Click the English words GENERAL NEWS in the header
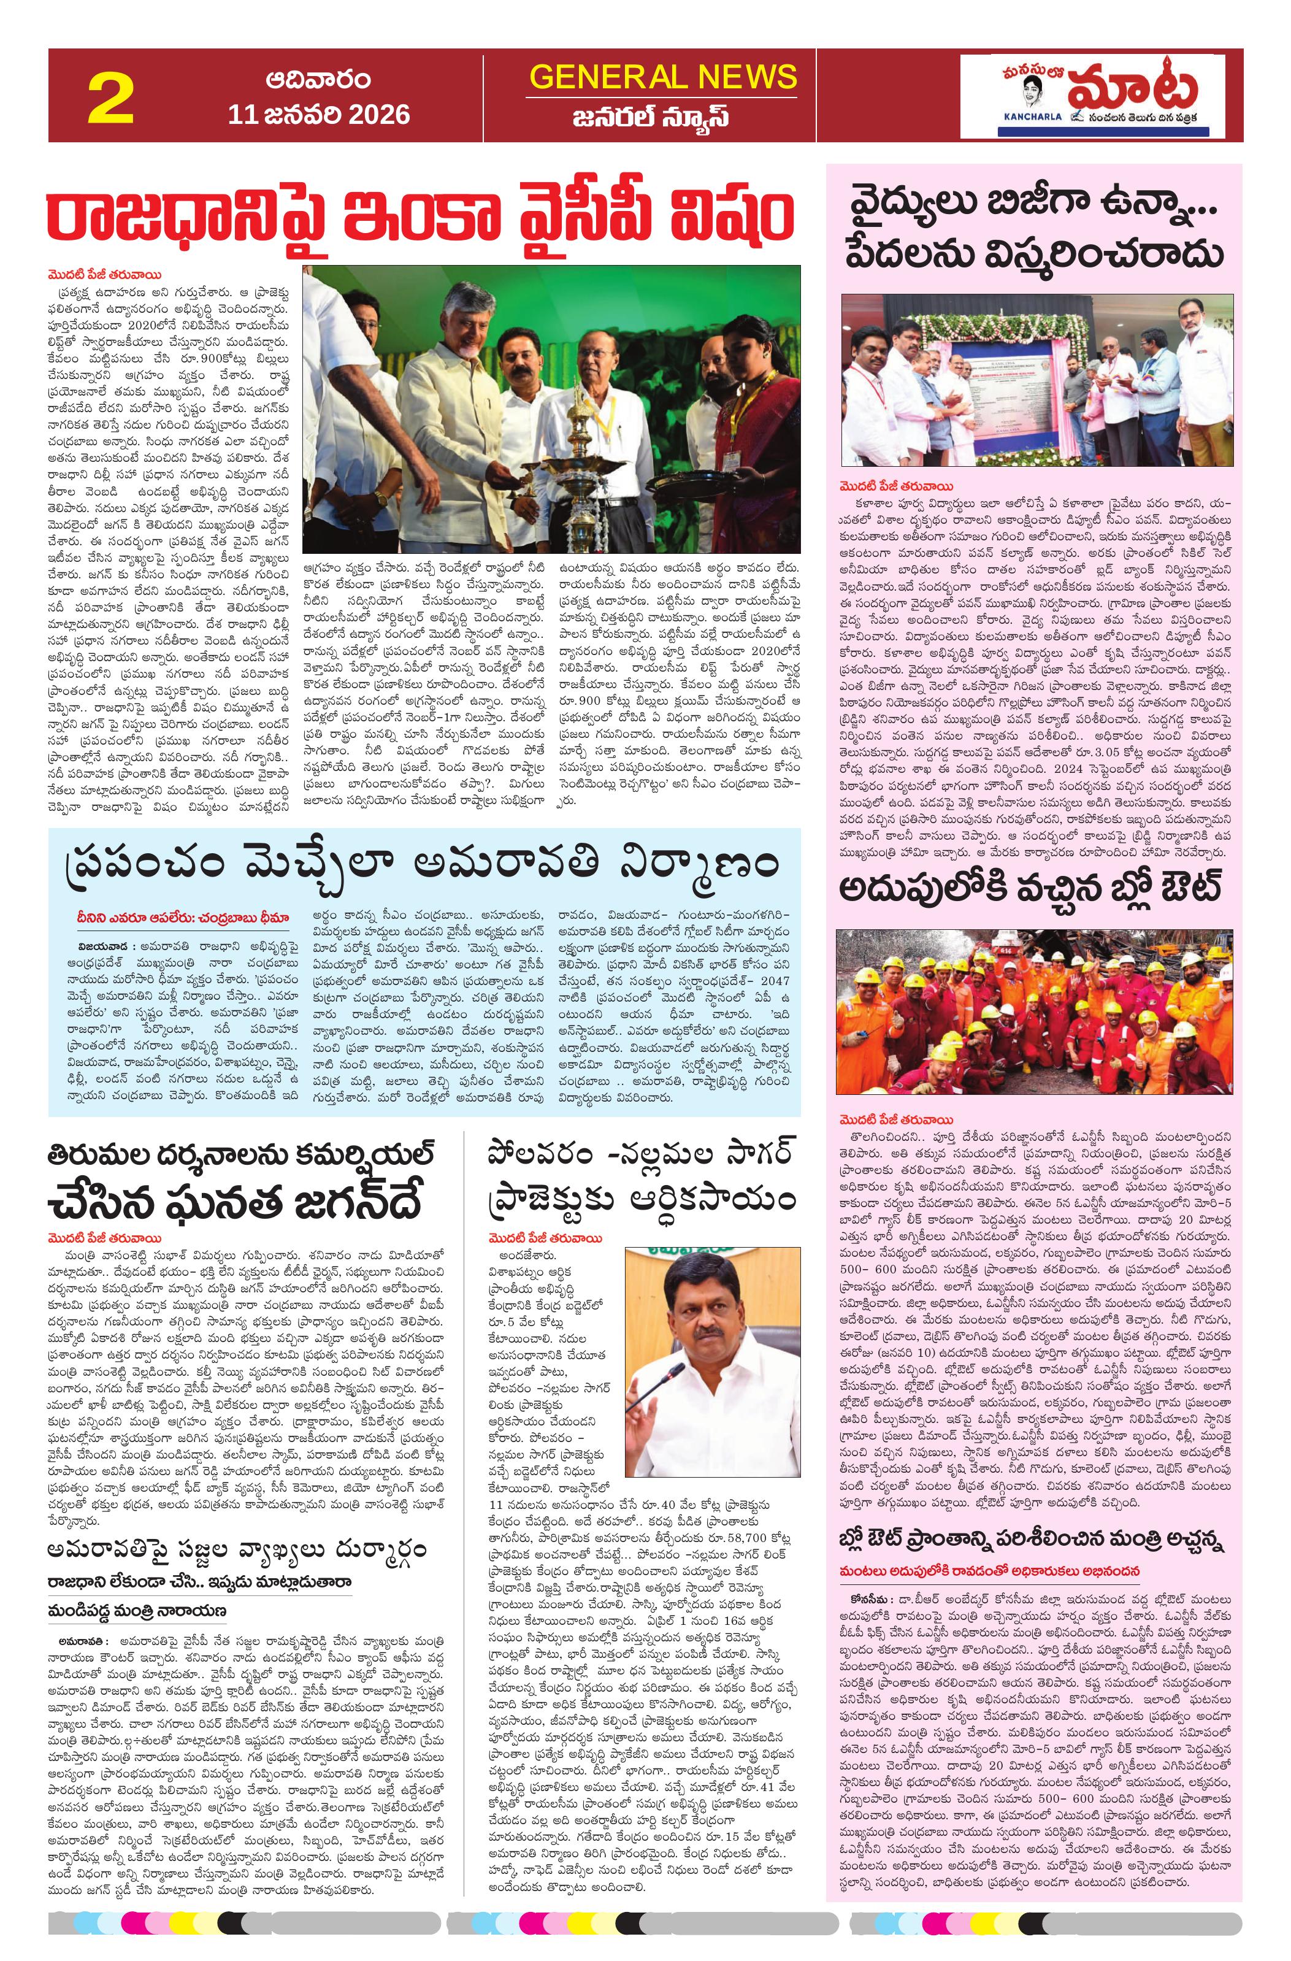pos(663,77)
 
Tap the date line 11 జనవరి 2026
pos(319,113)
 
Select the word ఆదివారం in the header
pos(318,81)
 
